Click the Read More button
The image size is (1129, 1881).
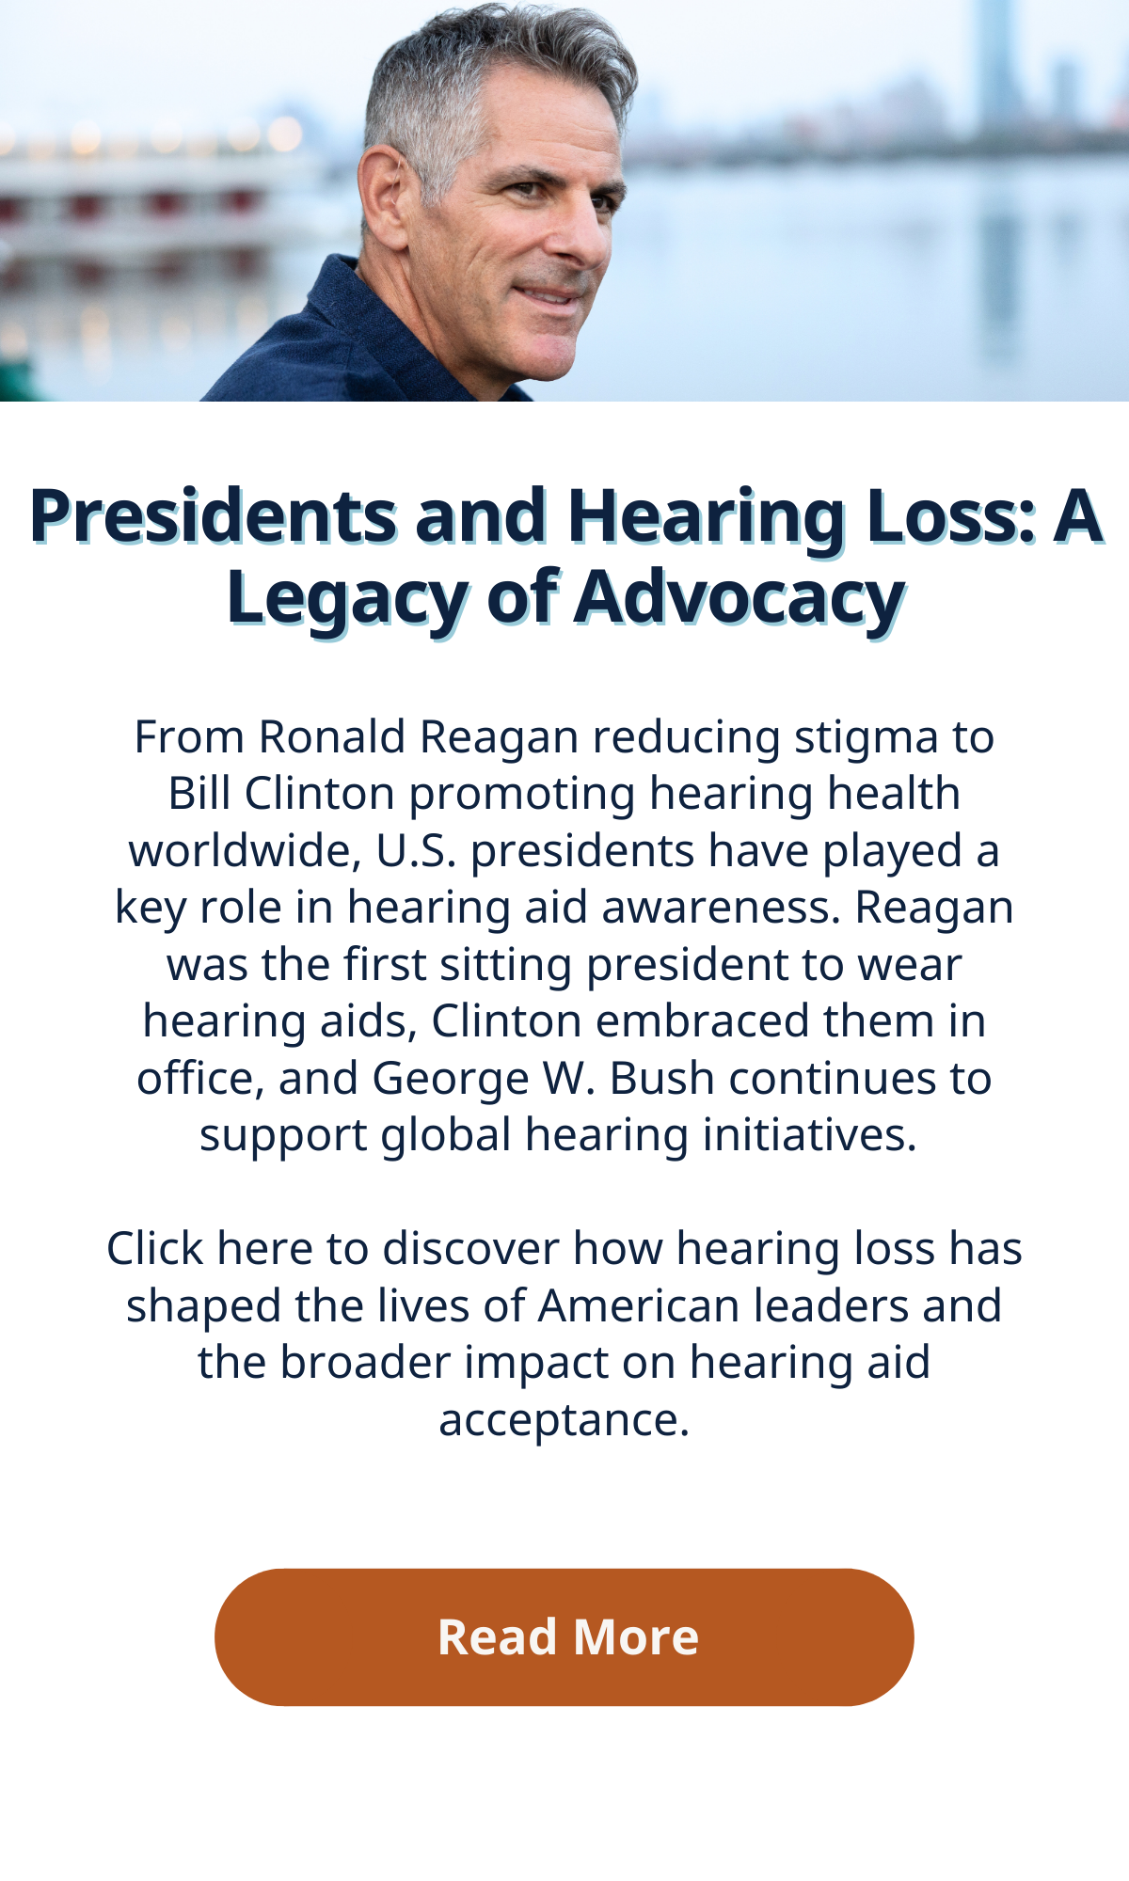[x=564, y=1637]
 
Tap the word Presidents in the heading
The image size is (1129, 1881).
[x=214, y=515]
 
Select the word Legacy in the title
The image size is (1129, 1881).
[x=346, y=598]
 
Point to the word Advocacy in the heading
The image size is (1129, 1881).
[x=740, y=598]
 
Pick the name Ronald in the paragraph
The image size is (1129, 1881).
[x=332, y=736]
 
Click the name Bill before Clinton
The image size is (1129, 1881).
[x=199, y=793]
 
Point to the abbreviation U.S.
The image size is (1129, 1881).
[x=417, y=850]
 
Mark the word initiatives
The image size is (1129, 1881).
[x=815, y=1135]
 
